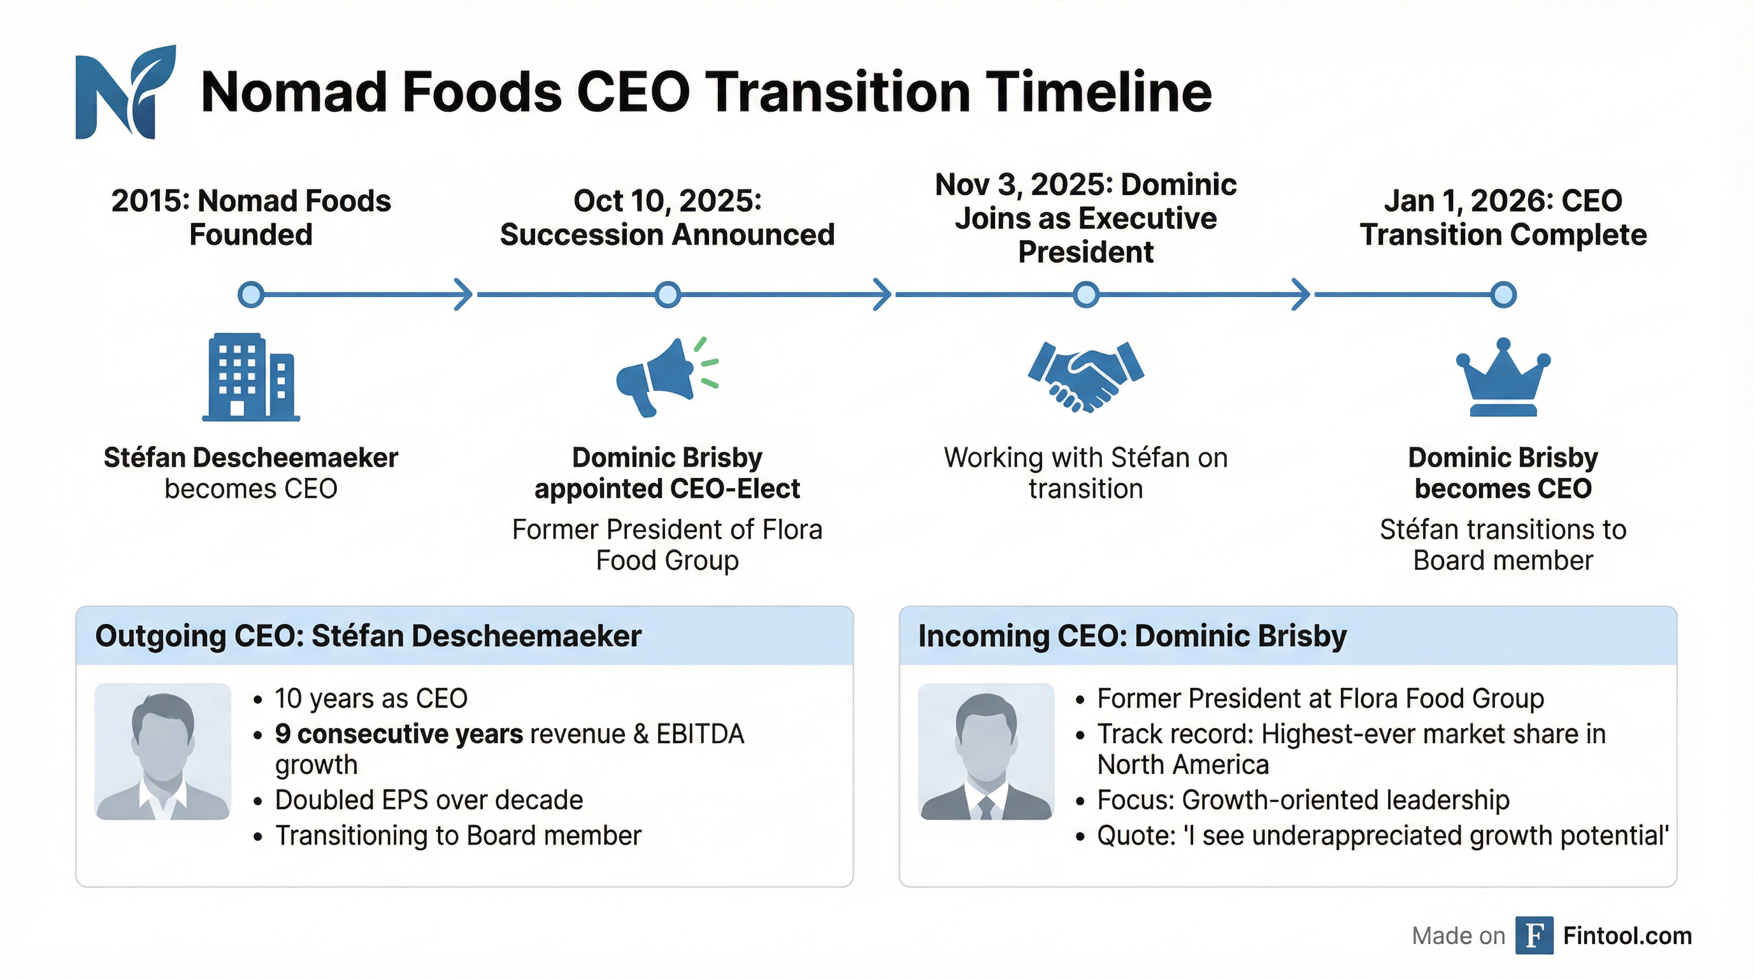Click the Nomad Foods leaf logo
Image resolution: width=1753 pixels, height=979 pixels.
(x=125, y=92)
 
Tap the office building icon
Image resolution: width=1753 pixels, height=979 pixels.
(x=251, y=377)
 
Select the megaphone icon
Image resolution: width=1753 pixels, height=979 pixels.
(x=666, y=376)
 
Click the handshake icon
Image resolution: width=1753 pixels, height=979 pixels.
(x=1085, y=376)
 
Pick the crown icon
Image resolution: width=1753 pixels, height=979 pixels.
(x=1503, y=378)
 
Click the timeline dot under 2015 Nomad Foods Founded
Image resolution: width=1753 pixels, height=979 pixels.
(x=251, y=295)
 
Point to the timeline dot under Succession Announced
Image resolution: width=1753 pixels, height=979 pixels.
(x=668, y=295)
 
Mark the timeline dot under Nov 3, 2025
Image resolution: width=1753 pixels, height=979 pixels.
(x=1086, y=295)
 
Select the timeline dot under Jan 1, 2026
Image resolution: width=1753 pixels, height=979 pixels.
(x=1503, y=295)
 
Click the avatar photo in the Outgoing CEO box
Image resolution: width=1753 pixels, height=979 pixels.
(x=163, y=751)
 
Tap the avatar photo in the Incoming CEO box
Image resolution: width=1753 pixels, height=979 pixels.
(x=986, y=751)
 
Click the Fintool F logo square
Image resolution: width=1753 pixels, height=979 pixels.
(x=1534, y=936)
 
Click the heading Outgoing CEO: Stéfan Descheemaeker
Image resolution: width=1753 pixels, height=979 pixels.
(x=368, y=636)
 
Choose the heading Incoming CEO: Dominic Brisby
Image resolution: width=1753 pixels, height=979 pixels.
(x=1133, y=636)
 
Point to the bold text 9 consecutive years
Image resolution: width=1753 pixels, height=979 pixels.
(x=399, y=734)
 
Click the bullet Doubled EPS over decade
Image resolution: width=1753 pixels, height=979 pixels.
(x=429, y=800)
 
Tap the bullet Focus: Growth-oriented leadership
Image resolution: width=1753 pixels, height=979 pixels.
(x=1303, y=800)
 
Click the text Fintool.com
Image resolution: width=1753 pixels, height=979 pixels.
(x=1627, y=936)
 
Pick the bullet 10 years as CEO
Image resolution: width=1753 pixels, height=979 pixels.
(x=371, y=699)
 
